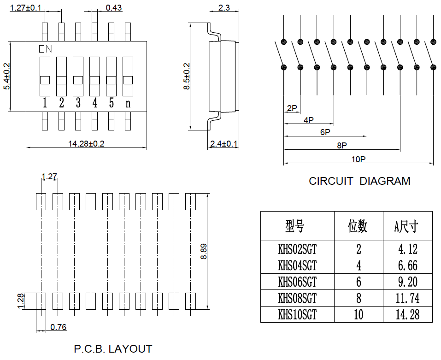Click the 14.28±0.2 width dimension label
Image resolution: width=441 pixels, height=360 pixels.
[x=86, y=144]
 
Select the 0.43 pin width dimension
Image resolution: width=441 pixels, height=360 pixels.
[x=114, y=7]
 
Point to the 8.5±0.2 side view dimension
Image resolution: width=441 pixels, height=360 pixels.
[x=187, y=77]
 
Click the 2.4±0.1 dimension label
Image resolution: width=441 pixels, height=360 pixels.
[x=223, y=144]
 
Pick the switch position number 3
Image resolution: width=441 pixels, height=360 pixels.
[x=78, y=103]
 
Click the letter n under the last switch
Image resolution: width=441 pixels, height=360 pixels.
[x=128, y=103]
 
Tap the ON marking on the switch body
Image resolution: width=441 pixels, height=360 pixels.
[x=45, y=48]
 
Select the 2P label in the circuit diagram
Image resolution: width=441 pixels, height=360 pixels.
[x=292, y=108]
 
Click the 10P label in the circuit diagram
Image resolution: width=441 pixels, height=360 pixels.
[x=358, y=159]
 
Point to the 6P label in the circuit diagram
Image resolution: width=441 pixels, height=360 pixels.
[x=325, y=132]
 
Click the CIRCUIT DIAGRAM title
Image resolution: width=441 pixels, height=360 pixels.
[x=359, y=181]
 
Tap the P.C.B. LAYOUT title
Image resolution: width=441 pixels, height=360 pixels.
[x=113, y=349]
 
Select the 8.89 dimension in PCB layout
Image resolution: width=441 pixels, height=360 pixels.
[x=204, y=252]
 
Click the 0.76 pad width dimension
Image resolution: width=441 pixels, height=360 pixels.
[x=59, y=327]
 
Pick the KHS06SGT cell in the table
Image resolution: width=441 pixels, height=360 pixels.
[x=297, y=282]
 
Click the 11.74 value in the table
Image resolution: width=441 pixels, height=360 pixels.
[x=407, y=298]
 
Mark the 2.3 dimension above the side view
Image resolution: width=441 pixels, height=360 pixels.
[x=224, y=7]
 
